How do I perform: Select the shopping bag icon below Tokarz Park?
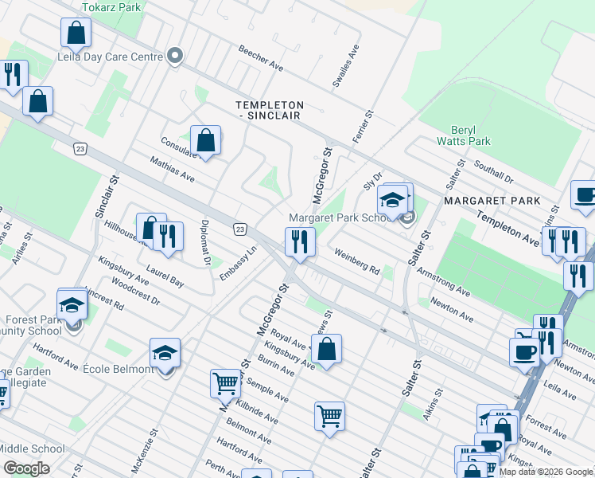(76, 33)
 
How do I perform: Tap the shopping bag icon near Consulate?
(205, 141)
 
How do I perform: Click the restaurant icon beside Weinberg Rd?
(300, 241)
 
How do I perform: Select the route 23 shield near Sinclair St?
(80, 148)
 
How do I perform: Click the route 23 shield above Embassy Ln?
(240, 229)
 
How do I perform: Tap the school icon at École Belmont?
(165, 352)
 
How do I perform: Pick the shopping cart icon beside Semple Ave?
(225, 383)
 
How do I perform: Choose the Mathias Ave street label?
(173, 169)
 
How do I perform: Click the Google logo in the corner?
(26, 468)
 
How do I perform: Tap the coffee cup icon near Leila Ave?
(524, 351)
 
